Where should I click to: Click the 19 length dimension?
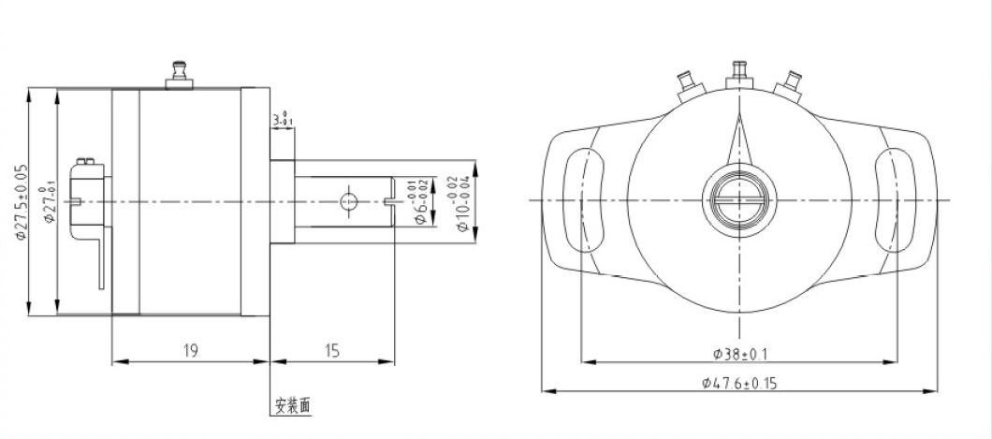(x=190, y=351)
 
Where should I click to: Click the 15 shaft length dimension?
(x=331, y=351)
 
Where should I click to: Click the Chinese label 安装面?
(x=292, y=406)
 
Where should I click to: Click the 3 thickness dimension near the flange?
(x=282, y=119)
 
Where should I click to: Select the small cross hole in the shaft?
(x=348, y=200)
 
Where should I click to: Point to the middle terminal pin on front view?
(x=737, y=70)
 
